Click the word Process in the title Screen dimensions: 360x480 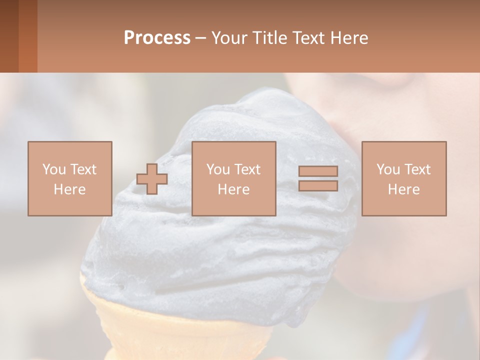(x=157, y=38)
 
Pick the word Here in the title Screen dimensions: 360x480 (x=350, y=38)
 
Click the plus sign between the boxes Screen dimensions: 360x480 (x=152, y=179)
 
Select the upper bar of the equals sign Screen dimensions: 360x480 (x=318, y=171)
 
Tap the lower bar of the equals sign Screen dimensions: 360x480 (x=318, y=186)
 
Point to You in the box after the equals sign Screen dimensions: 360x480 (x=388, y=169)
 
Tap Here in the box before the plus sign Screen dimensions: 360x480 (x=70, y=189)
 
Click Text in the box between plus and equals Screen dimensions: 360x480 (x=247, y=169)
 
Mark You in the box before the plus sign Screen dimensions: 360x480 (x=54, y=169)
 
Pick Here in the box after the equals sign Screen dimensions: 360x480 (x=404, y=189)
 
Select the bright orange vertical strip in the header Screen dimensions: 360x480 (x=28, y=36)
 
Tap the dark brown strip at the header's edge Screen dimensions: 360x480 (x=9, y=36)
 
